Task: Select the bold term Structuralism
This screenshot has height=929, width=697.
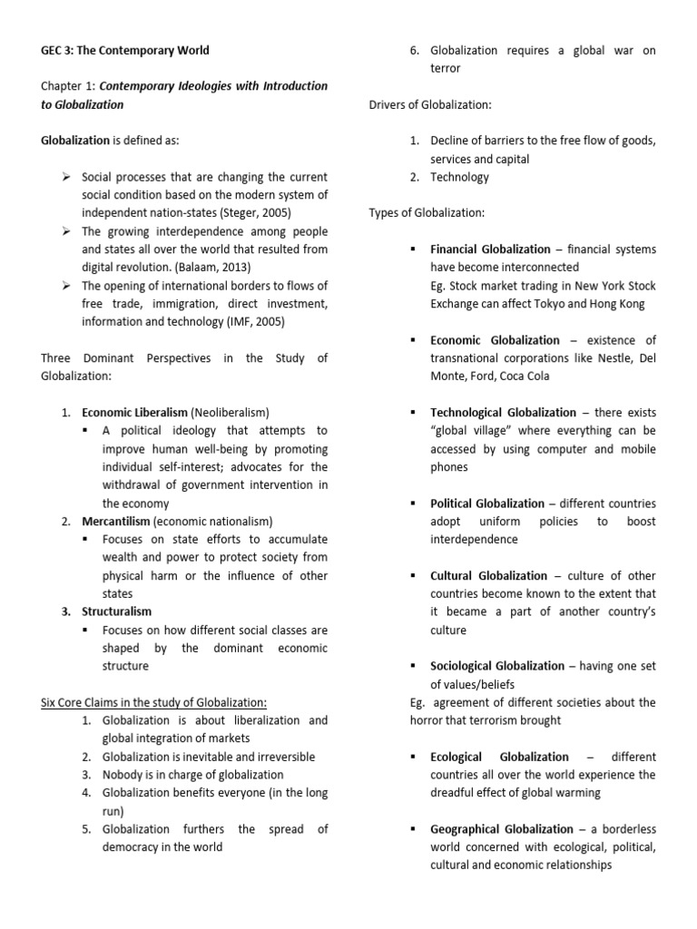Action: coord(116,611)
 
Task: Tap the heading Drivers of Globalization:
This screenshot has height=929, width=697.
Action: coord(430,104)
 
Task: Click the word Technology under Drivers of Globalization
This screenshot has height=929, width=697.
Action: coord(459,177)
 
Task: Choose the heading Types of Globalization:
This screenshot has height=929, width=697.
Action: coord(427,213)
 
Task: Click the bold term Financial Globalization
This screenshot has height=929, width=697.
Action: coord(490,249)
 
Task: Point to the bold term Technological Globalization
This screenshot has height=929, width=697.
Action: coord(503,413)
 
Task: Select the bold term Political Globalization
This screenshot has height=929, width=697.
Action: coord(487,504)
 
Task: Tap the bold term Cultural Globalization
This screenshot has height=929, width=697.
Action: coord(488,576)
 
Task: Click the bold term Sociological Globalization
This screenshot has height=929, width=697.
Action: coord(497,667)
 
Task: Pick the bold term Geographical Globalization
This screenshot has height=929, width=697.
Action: coord(502,829)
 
